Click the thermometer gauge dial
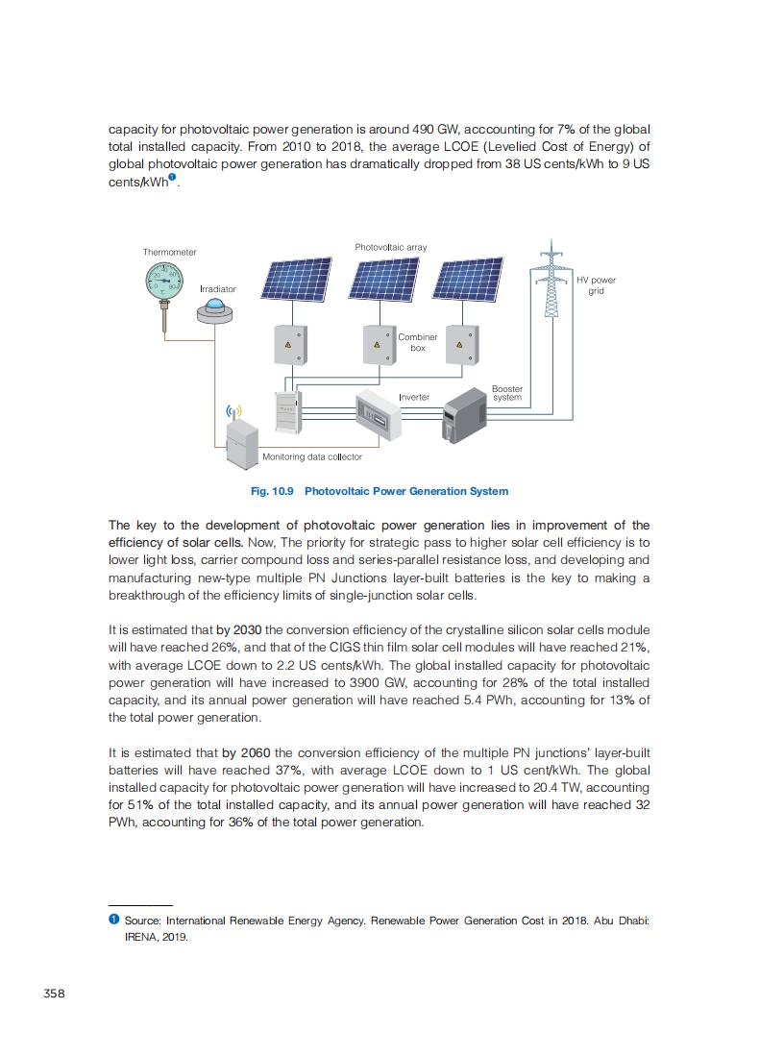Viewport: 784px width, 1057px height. click(x=163, y=281)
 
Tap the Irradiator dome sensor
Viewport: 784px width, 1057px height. click(x=214, y=309)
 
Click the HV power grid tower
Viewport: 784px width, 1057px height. click(x=551, y=281)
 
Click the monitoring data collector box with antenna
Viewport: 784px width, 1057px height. click(x=242, y=441)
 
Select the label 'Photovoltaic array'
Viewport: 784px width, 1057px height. click(x=390, y=247)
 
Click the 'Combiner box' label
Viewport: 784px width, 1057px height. click(x=418, y=342)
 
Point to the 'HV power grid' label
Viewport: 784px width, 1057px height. click(x=596, y=285)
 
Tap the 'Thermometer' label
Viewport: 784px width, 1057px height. click(x=170, y=252)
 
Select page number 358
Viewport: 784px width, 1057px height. click(x=55, y=994)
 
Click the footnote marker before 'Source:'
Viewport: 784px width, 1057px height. click(x=113, y=921)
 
